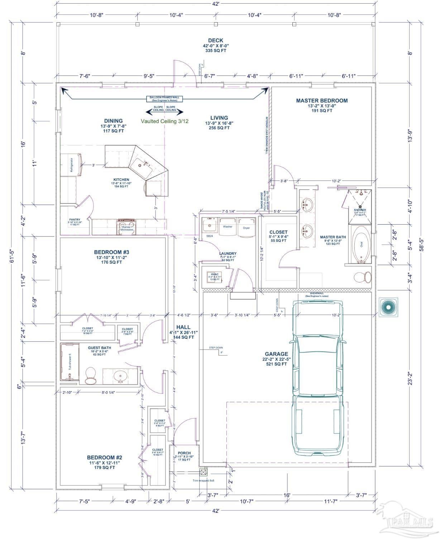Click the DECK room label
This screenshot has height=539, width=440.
pos(215,41)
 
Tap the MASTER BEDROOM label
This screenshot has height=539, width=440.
pos(321,100)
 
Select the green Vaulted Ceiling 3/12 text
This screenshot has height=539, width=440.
pos(164,121)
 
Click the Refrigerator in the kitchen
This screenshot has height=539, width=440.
pos(71,165)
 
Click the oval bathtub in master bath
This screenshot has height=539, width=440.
pos(361,244)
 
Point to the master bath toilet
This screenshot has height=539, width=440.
pos(363,277)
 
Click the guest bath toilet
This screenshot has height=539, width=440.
pos(91,376)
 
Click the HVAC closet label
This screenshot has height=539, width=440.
pos(215,275)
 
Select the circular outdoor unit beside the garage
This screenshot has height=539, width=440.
pos(388,307)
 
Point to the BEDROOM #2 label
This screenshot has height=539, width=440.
pos(105,458)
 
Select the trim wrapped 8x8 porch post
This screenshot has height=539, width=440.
pos(204,473)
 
